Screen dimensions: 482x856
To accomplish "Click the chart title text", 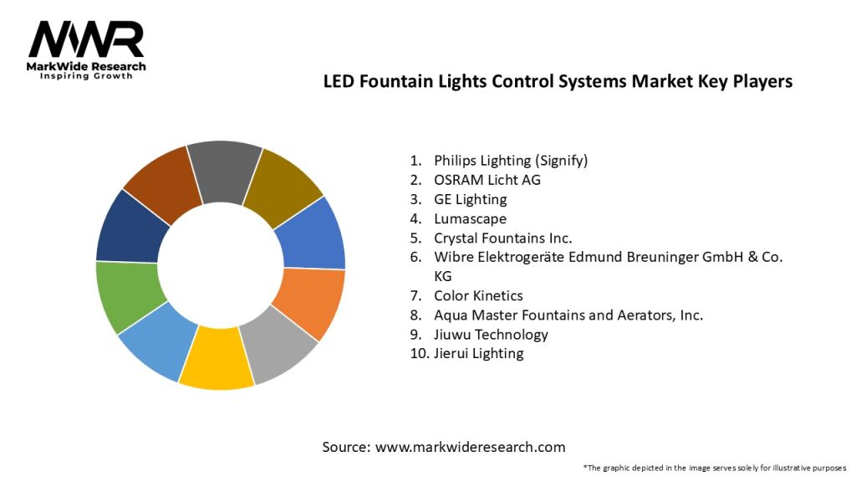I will (558, 82).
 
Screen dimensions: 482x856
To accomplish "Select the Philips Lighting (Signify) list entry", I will (511, 160).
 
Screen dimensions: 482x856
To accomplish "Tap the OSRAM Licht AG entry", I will (487, 179).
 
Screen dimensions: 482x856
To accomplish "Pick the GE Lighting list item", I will (470, 199).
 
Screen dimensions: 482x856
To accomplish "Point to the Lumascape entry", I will (470, 218).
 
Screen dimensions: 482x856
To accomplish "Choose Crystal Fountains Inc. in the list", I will (502, 238).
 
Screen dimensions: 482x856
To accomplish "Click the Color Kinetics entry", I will (478, 295).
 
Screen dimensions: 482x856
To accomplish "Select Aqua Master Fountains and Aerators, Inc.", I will (568, 315).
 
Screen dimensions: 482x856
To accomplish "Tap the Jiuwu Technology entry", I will (491, 334).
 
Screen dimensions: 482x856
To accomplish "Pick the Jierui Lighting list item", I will (478, 353).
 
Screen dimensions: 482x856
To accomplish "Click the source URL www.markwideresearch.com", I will (470, 447).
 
